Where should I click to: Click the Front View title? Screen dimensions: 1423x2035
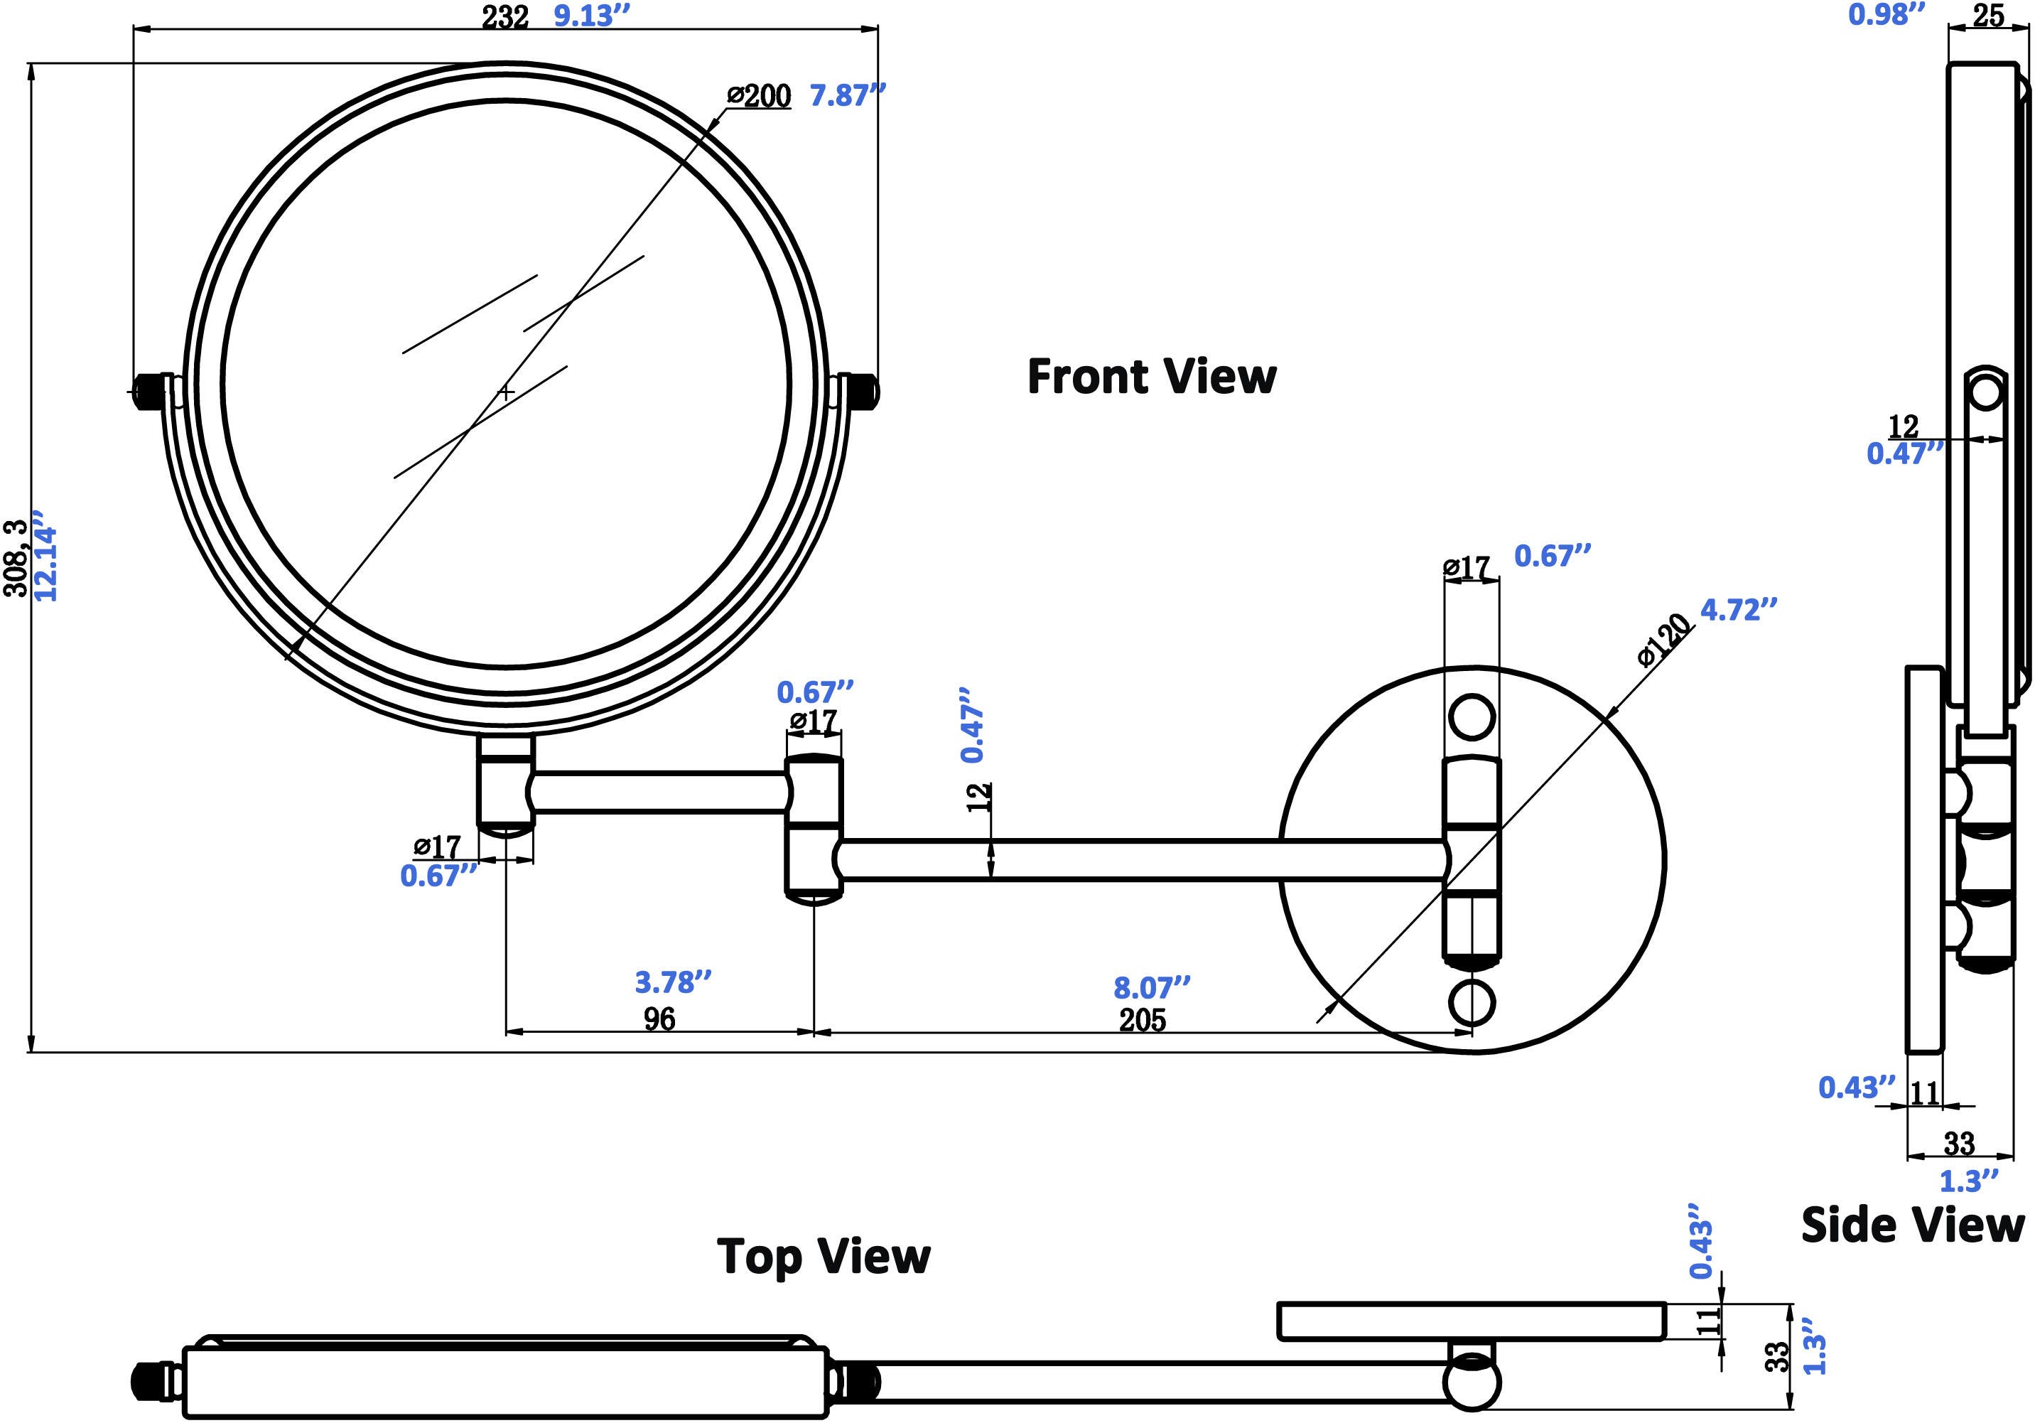coord(1151,377)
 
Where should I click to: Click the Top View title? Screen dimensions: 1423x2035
coord(824,1256)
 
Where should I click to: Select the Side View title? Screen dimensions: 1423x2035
coord(1913,1225)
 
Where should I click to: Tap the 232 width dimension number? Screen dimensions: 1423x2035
coord(505,16)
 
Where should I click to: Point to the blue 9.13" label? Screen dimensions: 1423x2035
coord(591,16)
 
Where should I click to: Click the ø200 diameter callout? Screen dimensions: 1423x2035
coord(759,96)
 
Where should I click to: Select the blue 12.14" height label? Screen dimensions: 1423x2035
coord(44,555)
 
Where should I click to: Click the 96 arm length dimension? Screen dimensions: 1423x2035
coord(659,1019)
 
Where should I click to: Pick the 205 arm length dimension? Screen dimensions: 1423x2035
coord(1143,1021)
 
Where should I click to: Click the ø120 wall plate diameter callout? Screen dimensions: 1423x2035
coord(1663,640)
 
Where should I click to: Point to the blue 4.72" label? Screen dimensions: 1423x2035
coord(1739,610)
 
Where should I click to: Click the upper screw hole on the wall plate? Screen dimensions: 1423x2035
coord(1472,716)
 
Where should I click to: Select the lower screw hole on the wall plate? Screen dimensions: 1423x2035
coord(1472,1002)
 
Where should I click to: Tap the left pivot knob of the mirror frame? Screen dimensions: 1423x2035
coord(149,391)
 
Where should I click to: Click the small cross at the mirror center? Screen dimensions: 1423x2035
coord(506,392)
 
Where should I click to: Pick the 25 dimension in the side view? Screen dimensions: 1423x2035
coord(1988,16)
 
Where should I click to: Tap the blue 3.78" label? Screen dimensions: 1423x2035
coord(673,982)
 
